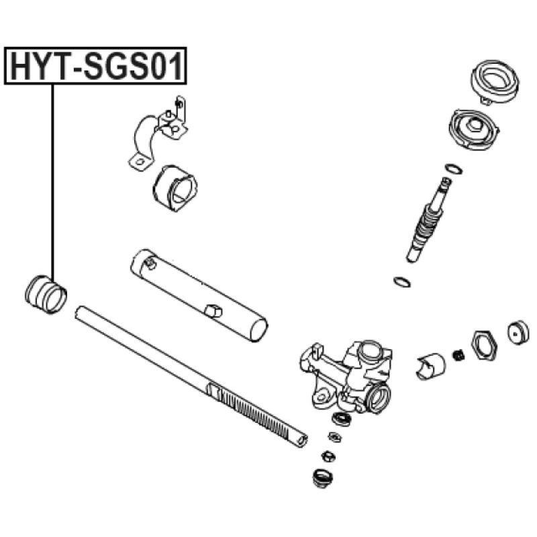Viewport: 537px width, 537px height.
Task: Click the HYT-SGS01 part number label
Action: point(95,66)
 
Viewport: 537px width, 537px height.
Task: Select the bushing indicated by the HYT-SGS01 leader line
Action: point(46,294)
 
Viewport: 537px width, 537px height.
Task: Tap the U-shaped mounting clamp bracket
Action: point(158,134)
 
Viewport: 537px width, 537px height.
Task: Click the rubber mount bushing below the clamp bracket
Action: point(175,188)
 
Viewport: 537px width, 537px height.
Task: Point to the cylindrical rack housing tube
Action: point(199,295)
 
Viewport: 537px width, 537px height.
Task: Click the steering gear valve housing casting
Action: point(346,376)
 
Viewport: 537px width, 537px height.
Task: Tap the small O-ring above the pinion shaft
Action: point(454,169)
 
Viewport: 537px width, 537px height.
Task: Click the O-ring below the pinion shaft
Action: point(401,282)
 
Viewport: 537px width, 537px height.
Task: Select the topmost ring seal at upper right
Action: point(495,82)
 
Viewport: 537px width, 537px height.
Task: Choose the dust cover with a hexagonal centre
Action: point(474,129)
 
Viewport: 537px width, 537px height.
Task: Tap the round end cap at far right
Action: point(518,332)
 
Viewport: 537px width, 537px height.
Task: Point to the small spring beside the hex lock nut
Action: point(458,355)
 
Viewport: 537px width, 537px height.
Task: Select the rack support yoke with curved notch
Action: point(431,366)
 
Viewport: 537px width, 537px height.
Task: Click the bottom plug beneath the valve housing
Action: point(323,478)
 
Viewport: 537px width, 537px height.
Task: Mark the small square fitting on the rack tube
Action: point(213,311)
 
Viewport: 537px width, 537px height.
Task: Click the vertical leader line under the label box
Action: point(53,182)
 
